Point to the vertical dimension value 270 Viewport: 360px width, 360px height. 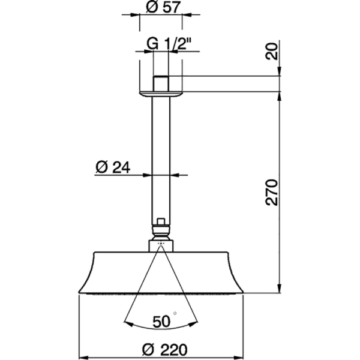click(x=272, y=191)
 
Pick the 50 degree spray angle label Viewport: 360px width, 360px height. click(x=160, y=321)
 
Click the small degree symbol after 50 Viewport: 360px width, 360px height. click(x=174, y=313)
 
